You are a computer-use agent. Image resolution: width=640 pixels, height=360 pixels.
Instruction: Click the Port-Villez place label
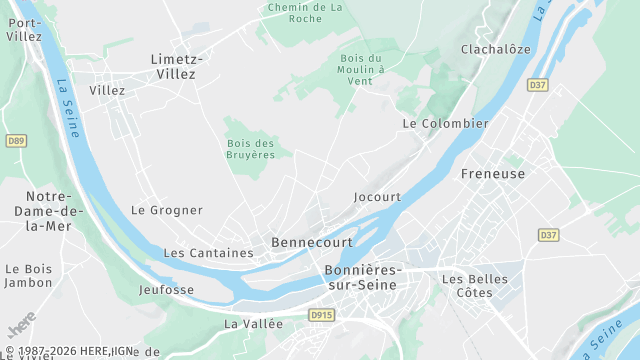click(24, 29)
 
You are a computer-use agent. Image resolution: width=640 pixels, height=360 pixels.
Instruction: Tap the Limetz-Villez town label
click(176, 66)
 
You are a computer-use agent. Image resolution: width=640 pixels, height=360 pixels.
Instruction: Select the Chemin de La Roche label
click(305, 12)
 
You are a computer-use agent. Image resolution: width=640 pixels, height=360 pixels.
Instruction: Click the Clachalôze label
click(495, 49)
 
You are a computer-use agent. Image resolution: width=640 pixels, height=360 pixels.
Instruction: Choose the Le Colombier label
click(445, 123)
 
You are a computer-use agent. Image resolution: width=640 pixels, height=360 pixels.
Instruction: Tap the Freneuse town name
click(493, 174)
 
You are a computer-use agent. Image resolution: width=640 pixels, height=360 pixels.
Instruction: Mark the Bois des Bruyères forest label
click(250, 149)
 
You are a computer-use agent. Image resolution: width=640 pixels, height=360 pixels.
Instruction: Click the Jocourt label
click(377, 197)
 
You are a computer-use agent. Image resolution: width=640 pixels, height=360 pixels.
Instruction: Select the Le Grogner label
click(167, 210)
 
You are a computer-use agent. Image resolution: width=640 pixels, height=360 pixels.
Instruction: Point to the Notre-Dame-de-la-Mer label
click(42, 211)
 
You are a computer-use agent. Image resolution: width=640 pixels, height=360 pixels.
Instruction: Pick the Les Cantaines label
click(208, 253)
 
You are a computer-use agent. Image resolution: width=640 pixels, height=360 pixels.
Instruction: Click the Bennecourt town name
click(310, 243)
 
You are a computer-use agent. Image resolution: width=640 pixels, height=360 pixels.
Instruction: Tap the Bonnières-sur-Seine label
click(362, 278)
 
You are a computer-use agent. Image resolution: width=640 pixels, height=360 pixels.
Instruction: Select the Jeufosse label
click(167, 290)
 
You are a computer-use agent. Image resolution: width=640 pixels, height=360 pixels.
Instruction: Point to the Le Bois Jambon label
click(28, 276)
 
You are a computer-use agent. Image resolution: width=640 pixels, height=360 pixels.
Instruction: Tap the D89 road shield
click(15, 141)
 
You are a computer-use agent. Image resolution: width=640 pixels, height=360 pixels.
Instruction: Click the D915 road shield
click(320, 315)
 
